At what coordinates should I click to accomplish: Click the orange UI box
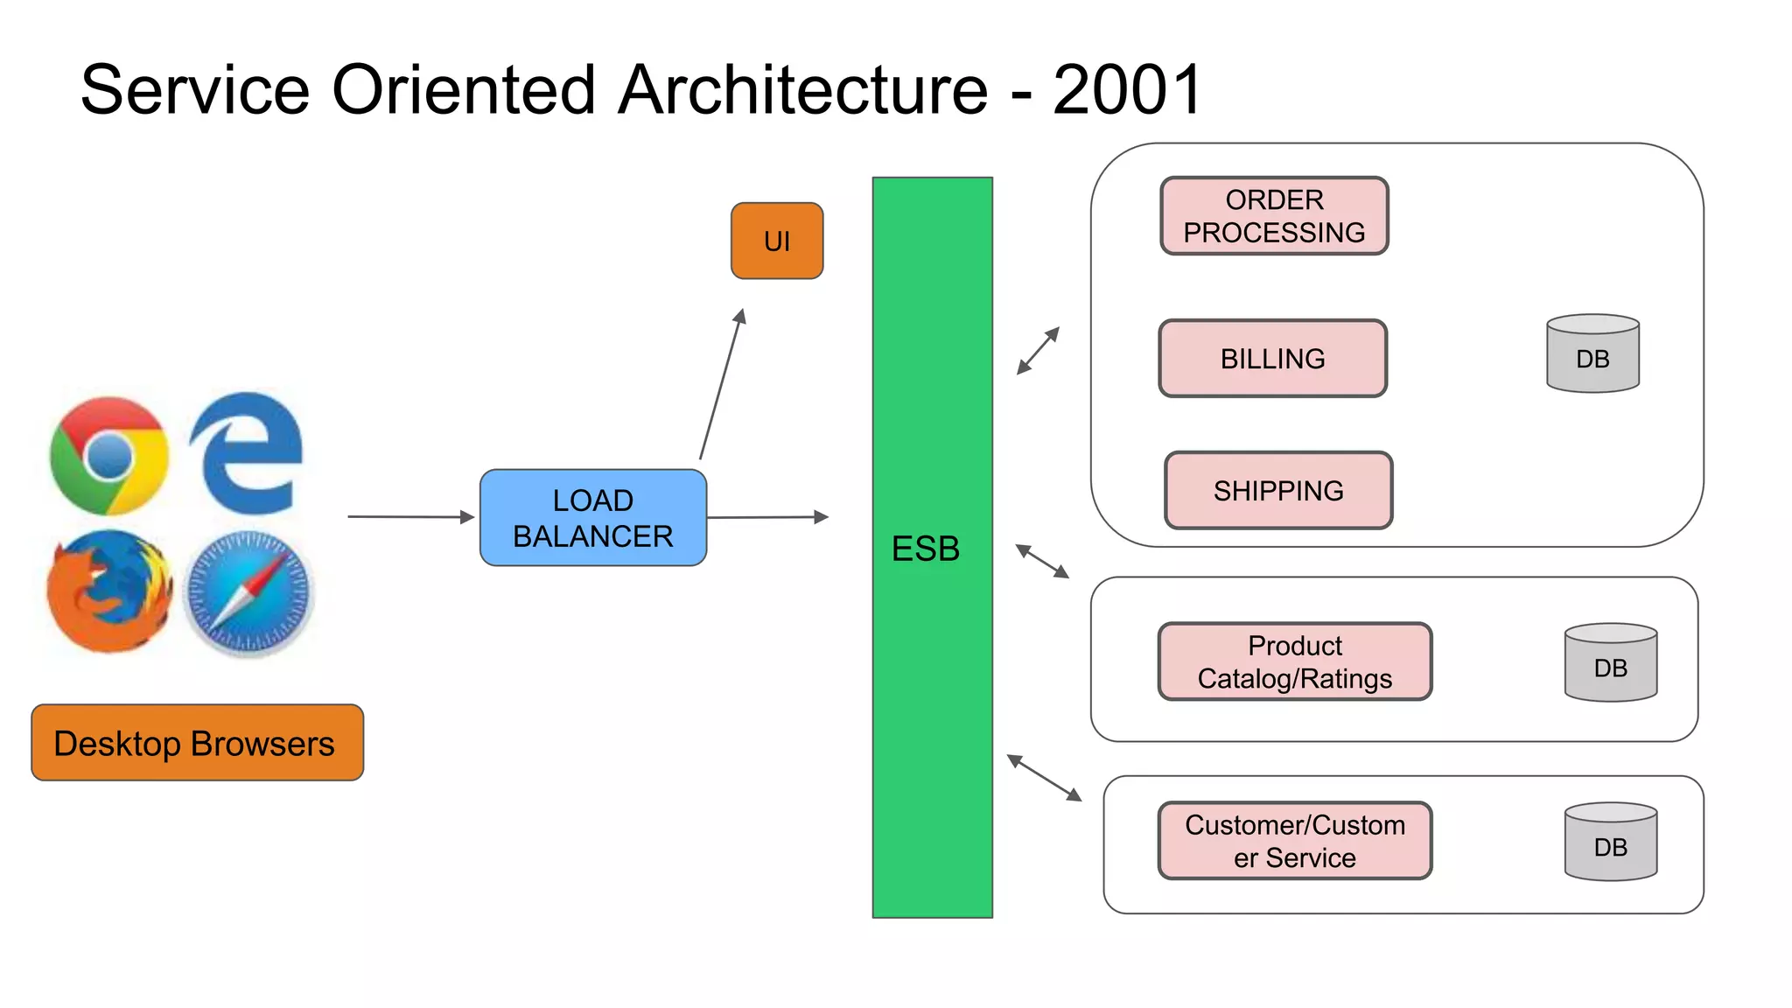776,241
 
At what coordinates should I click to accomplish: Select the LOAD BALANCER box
592,518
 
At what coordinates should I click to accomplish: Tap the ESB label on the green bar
926,549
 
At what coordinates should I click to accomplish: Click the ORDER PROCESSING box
1274,216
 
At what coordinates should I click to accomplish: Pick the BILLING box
1272,359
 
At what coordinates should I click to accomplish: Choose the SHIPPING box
1277,491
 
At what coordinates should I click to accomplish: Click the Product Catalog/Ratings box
1294,662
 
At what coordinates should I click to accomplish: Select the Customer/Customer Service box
1294,841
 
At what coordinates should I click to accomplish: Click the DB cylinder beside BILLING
1592,353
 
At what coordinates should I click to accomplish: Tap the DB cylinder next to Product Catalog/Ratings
1610,662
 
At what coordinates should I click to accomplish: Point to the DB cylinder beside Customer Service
1610,842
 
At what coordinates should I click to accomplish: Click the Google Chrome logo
109,456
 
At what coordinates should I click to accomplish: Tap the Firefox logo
109,591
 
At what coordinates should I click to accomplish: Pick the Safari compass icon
249,592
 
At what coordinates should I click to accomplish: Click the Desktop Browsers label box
197,743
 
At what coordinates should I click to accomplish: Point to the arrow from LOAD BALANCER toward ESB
766,517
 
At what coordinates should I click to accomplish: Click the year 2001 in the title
1127,89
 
